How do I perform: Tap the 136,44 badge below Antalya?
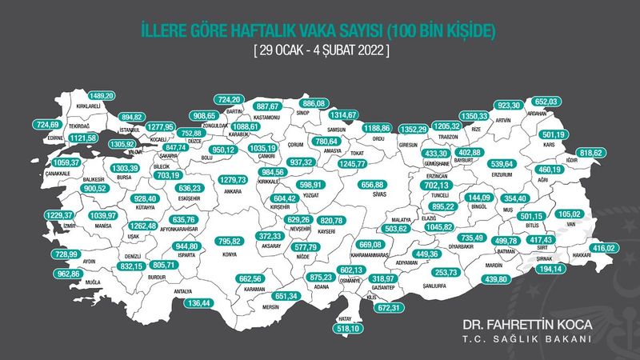[x=195, y=303]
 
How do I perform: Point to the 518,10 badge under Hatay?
[x=346, y=327]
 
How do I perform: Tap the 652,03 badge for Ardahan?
[x=546, y=101]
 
